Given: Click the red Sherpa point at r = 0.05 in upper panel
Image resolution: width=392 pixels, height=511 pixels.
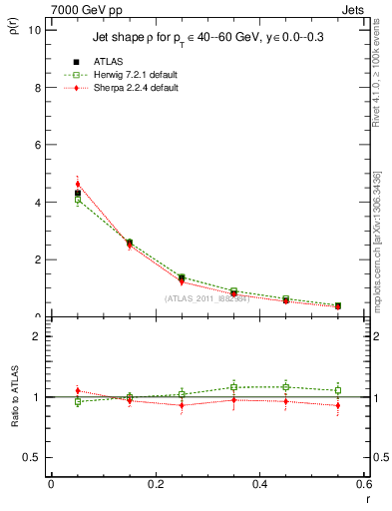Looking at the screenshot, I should coord(78,184).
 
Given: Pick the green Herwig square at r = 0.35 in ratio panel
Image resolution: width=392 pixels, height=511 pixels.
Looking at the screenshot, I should coord(233,387).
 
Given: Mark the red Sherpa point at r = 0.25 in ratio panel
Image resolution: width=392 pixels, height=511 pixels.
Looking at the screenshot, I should coord(182,405).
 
